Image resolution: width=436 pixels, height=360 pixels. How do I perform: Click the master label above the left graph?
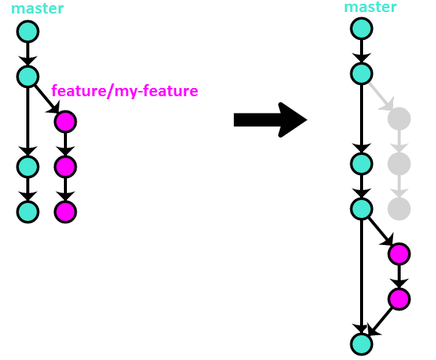tap(38, 8)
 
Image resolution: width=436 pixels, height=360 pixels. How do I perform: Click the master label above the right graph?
tap(371, 7)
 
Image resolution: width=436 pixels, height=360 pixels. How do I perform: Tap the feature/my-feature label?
tap(125, 91)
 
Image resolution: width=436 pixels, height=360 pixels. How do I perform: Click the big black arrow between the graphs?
tap(271, 119)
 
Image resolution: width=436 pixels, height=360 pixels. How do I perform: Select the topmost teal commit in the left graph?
tap(28, 32)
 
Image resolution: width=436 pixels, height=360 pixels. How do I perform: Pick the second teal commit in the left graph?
tap(28, 77)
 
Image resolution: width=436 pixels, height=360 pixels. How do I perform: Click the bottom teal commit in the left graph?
tap(28, 212)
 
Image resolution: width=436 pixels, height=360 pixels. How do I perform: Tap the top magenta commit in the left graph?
tap(65, 122)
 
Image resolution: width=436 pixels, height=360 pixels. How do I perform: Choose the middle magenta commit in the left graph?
tap(65, 167)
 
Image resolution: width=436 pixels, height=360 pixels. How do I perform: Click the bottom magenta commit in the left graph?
tap(65, 212)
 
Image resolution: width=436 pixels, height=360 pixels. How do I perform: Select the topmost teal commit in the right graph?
tap(362, 29)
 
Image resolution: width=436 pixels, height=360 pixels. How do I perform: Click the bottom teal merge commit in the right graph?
tap(362, 344)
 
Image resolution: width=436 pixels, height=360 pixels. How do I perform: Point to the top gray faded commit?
tap(399, 119)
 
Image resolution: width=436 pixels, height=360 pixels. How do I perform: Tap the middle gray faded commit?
tap(399, 164)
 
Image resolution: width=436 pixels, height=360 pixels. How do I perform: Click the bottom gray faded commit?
tap(399, 209)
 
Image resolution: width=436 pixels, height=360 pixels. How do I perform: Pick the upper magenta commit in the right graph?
tap(399, 254)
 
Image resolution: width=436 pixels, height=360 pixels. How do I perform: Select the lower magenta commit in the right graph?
tap(399, 299)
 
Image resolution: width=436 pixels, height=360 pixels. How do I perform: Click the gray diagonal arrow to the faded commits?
tap(381, 96)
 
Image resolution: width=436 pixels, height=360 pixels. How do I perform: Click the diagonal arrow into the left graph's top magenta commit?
tap(47, 99)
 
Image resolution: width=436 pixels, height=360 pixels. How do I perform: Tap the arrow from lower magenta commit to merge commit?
tap(380, 322)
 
